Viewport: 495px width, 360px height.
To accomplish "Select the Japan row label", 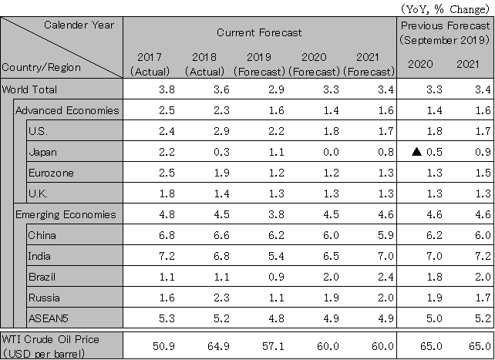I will (42, 152).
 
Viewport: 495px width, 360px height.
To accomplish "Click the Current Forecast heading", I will (258, 32).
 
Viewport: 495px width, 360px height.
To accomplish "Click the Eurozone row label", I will (50, 173).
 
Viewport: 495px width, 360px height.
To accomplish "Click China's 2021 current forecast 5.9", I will (372, 235).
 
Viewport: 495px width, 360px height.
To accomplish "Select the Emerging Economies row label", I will (66, 214).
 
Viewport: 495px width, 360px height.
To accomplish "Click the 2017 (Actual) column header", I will (150, 64).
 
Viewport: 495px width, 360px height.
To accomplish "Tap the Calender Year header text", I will (79, 25).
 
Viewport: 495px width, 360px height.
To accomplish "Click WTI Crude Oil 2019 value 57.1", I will (261, 339).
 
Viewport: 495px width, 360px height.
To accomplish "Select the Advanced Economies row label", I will (67, 110).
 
